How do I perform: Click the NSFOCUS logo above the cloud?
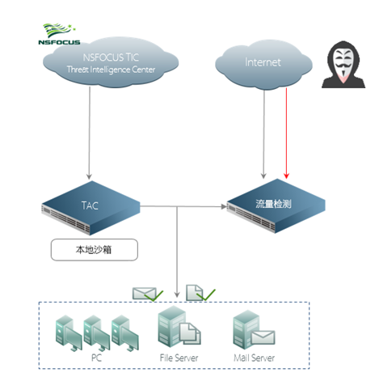click(59, 34)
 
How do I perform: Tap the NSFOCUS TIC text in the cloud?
click(111, 57)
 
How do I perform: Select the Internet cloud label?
click(263, 62)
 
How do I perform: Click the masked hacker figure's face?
click(343, 63)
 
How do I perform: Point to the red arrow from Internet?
click(286, 133)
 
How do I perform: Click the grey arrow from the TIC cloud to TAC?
click(89, 133)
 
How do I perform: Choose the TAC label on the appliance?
click(90, 205)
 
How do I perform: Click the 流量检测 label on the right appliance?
click(273, 204)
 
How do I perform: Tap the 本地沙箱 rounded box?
click(95, 250)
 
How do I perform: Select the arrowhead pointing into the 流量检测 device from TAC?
click(224, 206)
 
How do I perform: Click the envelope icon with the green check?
click(148, 294)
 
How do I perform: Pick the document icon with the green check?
click(200, 293)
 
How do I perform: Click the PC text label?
click(97, 358)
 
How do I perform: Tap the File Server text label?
click(179, 358)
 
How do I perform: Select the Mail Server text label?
click(255, 358)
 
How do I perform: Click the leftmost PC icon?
click(68, 333)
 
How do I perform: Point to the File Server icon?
click(179, 327)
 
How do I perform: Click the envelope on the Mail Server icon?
click(263, 337)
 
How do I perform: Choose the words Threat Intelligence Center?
click(111, 70)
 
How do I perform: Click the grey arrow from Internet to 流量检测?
click(264, 133)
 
